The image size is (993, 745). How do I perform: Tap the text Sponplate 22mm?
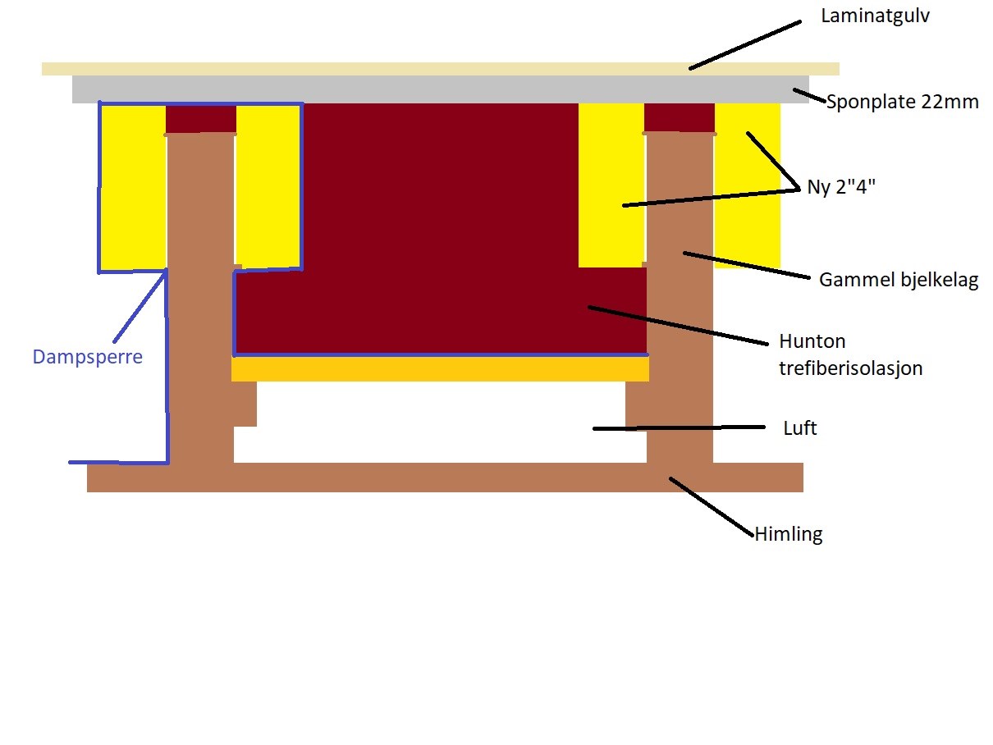pos(902,102)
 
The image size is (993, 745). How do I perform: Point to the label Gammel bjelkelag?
pos(899,281)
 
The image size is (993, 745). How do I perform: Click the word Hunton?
pos(812,341)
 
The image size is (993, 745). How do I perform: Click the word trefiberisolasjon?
pos(850,368)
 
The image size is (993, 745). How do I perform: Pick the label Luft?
pos(801,428)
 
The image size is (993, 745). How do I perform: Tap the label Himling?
pos(788,535)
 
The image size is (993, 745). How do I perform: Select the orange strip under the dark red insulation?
pos(440,369)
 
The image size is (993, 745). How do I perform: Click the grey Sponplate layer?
pos(440,89)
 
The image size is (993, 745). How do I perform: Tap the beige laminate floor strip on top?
pos(440,68)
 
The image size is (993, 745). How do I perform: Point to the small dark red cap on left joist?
pos(201,118)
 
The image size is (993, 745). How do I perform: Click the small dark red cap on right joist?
pos(679,117)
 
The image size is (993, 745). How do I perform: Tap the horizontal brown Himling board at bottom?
pos(443,478)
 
